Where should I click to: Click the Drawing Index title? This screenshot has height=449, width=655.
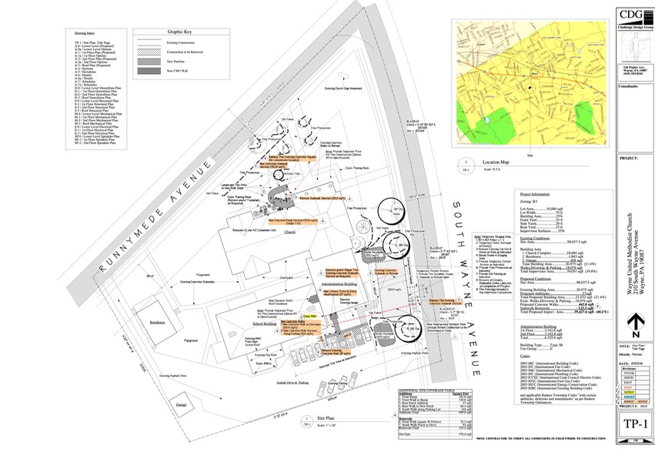click(x=84, y=35)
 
